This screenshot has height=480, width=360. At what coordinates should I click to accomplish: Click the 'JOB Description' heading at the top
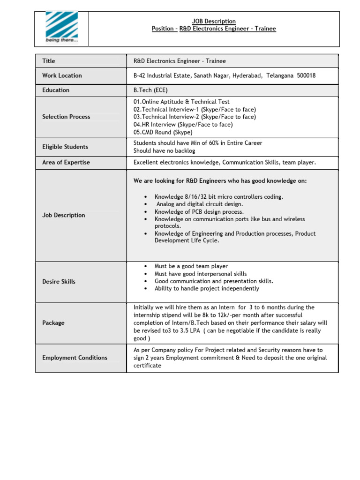(214, 21)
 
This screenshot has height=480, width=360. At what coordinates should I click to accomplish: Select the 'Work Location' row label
(62, 75)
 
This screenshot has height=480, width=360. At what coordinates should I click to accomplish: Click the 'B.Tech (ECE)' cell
(150, 90)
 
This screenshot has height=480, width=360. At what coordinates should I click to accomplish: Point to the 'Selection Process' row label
(66, 117)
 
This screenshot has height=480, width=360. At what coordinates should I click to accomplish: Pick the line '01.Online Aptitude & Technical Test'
(181, 102)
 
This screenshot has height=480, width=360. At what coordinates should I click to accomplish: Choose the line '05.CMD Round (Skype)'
(163, 132)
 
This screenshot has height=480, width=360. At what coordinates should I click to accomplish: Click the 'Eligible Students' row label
(65, 147)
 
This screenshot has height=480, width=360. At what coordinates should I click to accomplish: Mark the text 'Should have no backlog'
(164, 151)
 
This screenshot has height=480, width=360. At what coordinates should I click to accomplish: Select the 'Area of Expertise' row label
(66, 162)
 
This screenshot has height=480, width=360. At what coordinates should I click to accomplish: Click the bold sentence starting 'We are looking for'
(220, 181)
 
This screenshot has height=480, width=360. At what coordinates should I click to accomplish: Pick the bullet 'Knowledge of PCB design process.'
(199, 212)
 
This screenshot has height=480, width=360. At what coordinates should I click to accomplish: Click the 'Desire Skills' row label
(59, 282)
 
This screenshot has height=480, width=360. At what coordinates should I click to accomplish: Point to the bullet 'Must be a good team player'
(191, 266)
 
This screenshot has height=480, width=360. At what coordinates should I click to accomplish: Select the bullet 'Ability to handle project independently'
(207, 289)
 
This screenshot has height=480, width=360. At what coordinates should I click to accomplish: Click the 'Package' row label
(53, 323)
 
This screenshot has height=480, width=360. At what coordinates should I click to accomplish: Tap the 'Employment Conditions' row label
(75, 358)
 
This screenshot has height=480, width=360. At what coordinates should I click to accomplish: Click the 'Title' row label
(49, 61)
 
